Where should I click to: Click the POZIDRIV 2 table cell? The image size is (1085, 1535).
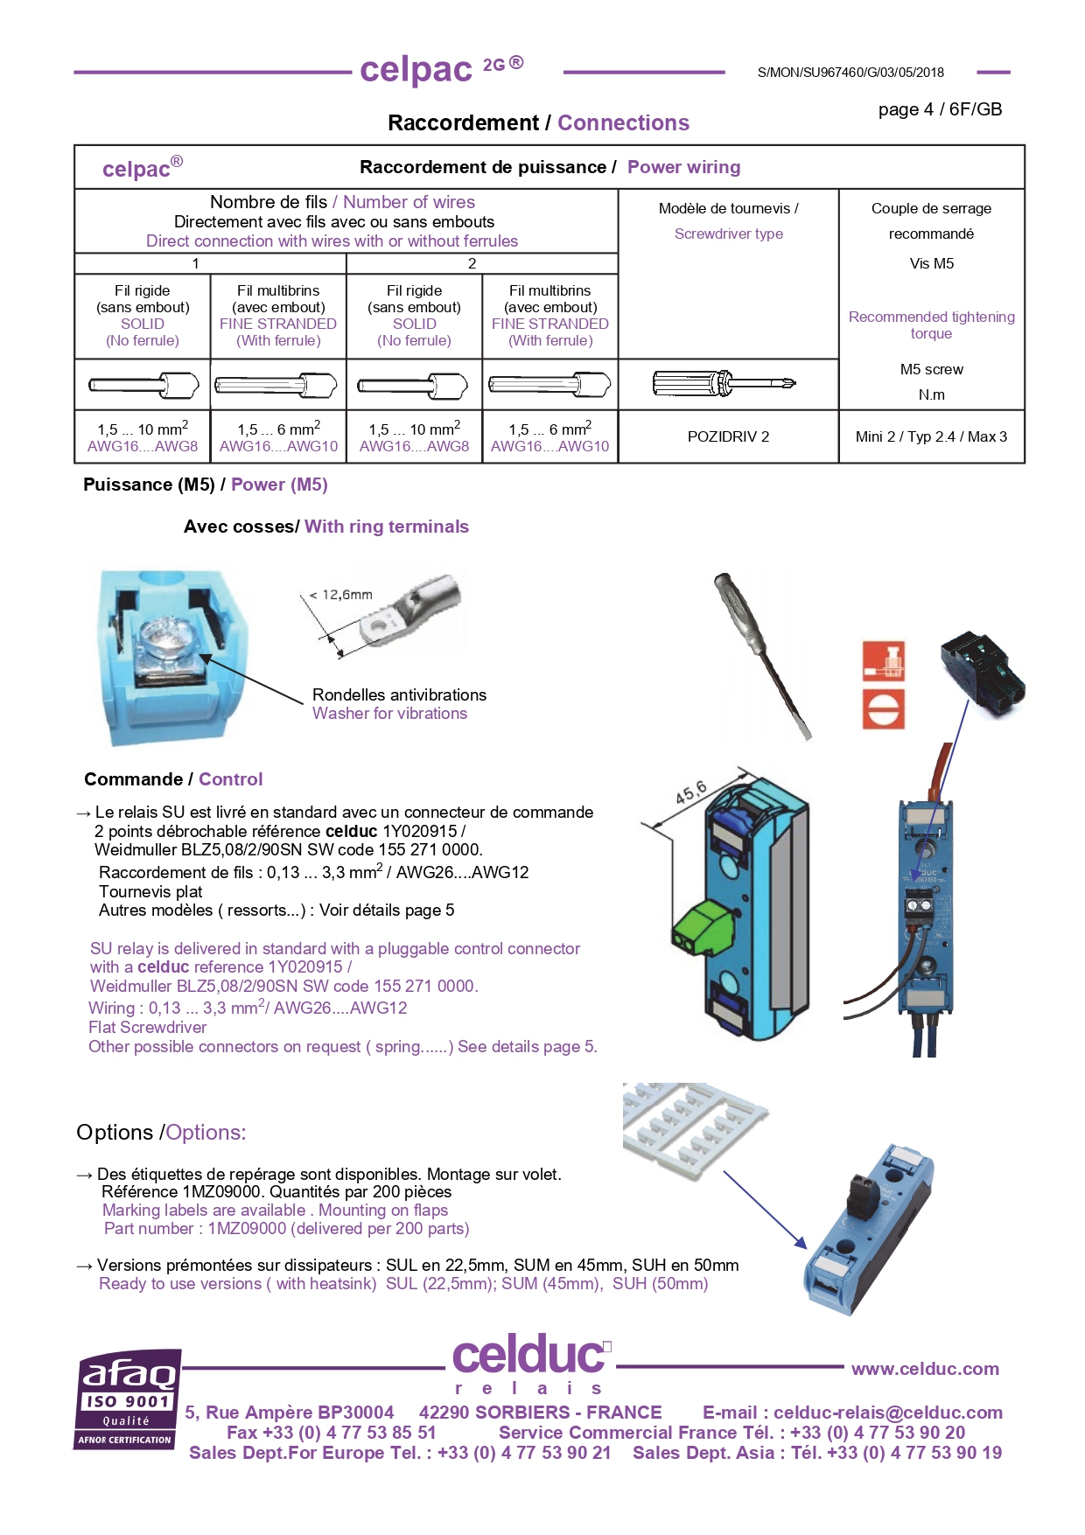[x=728, y=436]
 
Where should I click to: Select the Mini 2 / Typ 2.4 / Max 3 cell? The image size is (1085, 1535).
[x=931, y=436]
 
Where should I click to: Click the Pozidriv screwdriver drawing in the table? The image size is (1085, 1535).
[x=724, y=383]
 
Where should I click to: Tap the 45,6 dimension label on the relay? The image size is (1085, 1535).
[x=691, y=792]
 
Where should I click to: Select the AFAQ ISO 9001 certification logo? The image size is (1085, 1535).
[x=128, y=1399]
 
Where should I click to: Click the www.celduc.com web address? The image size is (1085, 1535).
[x=925, y=1369]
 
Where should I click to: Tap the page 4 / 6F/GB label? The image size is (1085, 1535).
[x=940, y=109]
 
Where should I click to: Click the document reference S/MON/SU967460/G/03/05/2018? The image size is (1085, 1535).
[x=850, y=73]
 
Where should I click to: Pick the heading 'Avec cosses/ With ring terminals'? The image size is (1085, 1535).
[x=325, y=527]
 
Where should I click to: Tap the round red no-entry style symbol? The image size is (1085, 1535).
[x=884, y=709]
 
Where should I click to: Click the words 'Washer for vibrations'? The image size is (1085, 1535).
[x=389, y=714]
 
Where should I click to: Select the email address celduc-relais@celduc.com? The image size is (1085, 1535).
[x=887, y=1413]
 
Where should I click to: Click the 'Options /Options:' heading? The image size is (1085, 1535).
[x=161, y=1133]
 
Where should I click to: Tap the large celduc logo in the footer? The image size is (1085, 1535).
[x=528, y=1356]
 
